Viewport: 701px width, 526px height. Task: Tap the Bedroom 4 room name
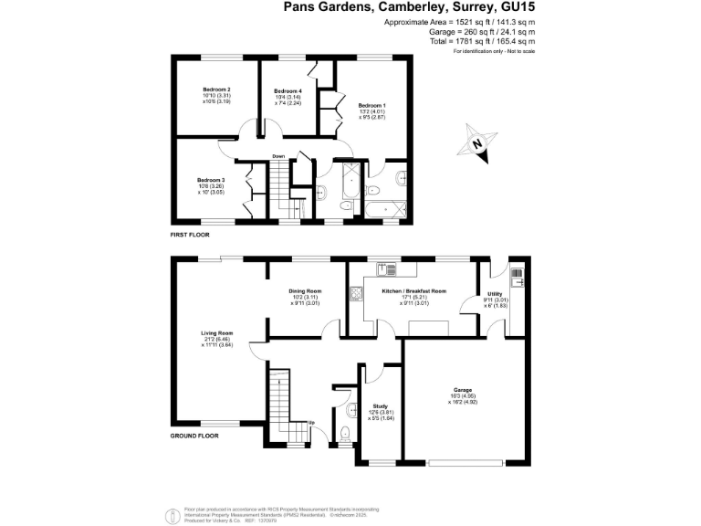(x=288, y=91)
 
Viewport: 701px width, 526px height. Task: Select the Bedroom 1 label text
(x=371, y=105)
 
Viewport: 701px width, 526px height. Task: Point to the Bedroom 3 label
(x=211, y=180)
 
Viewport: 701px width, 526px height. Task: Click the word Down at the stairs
(x=278, y=156)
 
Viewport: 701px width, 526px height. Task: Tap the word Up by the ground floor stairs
(x=311, y=423)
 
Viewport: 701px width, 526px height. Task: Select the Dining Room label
(x=305, y=290)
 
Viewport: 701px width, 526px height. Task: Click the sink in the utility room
(x=518, y=271)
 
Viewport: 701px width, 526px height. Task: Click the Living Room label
(x=217, y=332)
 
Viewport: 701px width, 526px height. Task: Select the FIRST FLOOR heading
(x=190, y=235)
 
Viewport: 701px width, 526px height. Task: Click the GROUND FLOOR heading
(x=194, y=437)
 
